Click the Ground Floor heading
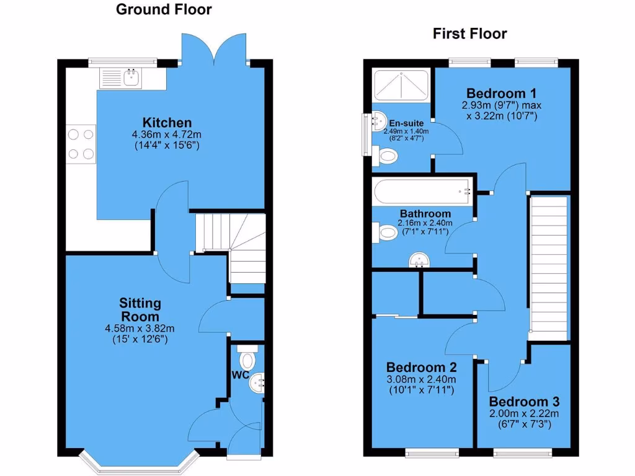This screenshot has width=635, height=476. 164,9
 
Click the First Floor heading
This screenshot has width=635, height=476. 469,33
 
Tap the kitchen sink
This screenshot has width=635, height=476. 131,77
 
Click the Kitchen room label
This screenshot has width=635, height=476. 167,123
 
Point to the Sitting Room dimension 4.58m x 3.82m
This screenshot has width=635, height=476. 140,328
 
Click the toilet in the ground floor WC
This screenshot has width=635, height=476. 248,359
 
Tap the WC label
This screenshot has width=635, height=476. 241,375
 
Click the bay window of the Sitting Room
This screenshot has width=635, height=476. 139,462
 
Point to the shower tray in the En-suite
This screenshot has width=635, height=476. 401,86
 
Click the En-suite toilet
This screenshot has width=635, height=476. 388,156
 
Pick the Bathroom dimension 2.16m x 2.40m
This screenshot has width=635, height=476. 425,223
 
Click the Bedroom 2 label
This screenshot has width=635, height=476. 416,368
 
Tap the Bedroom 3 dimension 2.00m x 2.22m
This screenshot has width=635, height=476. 524,414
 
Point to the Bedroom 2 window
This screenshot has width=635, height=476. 432,452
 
